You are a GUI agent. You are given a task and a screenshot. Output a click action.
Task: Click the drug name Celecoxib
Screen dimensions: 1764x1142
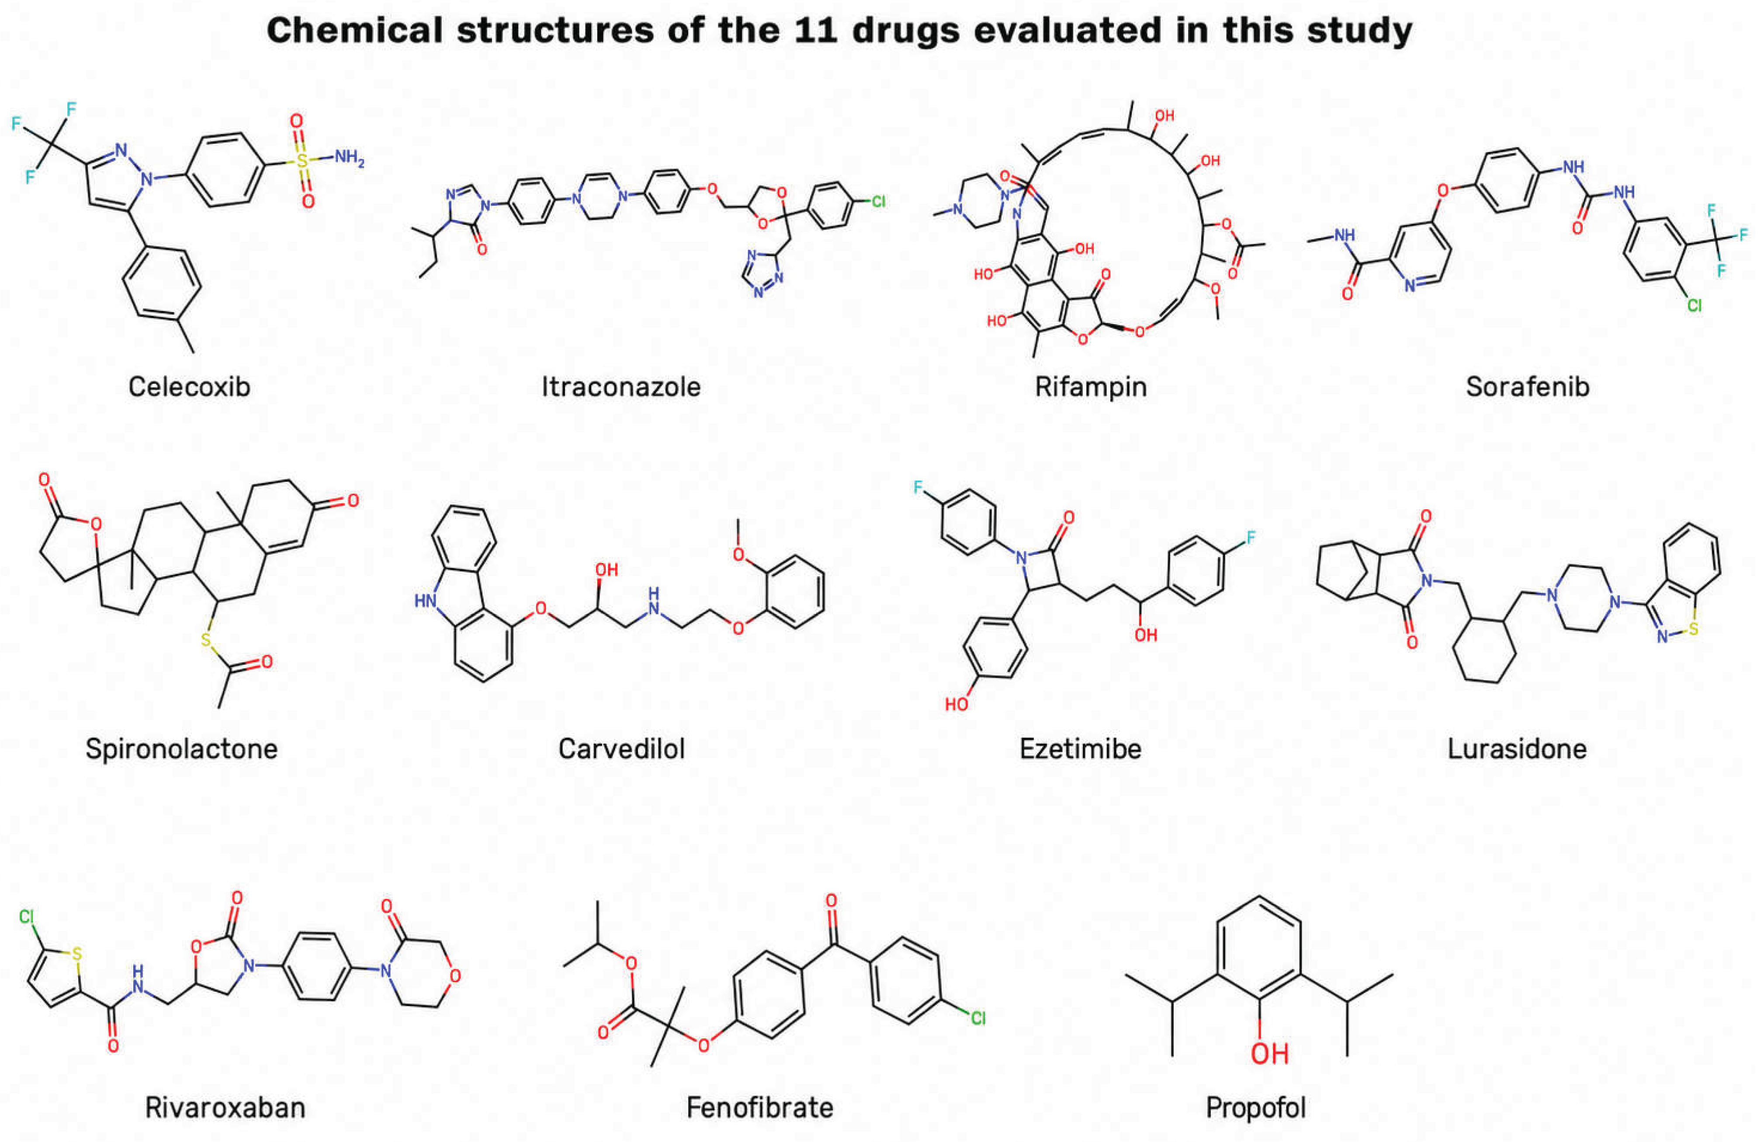tap(189, 386)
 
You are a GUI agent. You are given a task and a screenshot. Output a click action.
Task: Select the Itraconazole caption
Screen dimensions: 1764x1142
tap(621, 386)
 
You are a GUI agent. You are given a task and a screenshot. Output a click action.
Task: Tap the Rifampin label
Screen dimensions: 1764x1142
tap(1091, 387)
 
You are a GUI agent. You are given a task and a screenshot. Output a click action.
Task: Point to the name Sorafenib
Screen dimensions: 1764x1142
tap(1528, 386)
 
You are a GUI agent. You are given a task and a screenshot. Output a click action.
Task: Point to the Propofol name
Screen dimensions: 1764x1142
tap(1255, 1108)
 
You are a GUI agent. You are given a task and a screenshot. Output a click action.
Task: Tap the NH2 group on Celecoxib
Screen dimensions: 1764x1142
tap(349, 158)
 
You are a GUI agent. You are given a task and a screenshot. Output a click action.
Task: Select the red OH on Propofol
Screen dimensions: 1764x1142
tap(1270, 1053)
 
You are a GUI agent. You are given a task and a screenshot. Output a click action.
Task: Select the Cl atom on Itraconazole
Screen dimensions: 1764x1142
tap(878, 201)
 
